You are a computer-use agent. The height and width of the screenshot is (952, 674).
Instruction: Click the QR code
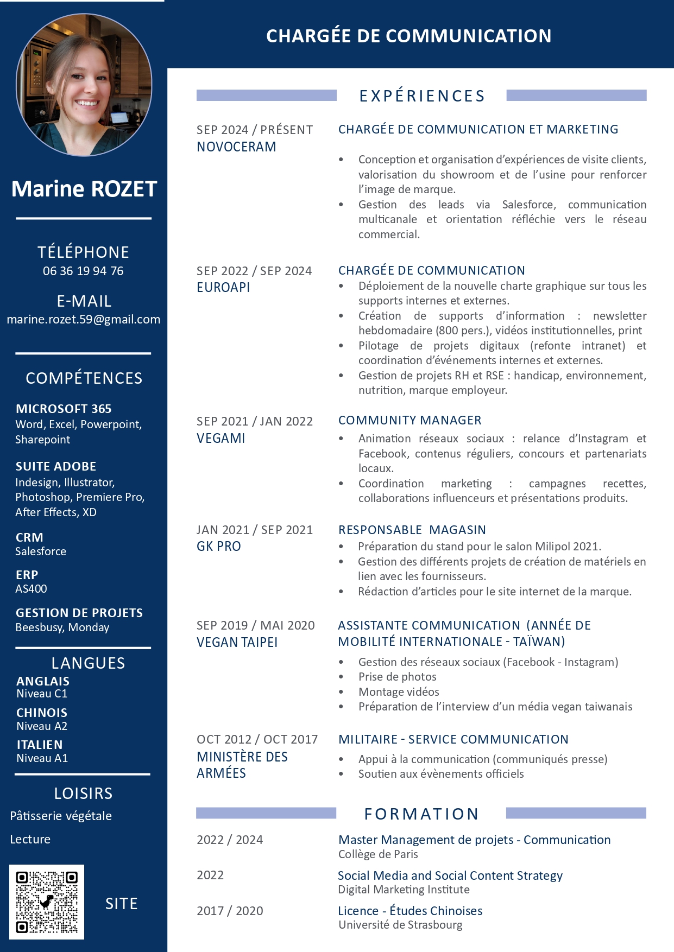47,902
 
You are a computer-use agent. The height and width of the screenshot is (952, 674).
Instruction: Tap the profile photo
84,85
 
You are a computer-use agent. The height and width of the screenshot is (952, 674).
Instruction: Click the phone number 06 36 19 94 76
83,271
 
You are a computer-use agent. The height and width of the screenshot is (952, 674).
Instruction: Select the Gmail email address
83,319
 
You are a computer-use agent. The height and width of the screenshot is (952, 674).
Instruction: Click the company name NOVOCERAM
236,147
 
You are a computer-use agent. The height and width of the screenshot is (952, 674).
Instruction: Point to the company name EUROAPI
223,287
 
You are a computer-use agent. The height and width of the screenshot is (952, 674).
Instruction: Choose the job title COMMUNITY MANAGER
410,420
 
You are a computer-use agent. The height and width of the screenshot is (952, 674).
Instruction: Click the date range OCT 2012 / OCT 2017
257,739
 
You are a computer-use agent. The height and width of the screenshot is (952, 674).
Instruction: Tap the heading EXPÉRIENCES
421,96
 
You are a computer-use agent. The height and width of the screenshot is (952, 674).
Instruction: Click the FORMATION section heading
421,814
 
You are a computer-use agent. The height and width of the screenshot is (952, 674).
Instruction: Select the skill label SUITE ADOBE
56,466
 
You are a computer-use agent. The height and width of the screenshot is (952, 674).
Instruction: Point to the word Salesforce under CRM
41,551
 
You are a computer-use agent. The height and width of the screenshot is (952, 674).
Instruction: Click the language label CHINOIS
42,713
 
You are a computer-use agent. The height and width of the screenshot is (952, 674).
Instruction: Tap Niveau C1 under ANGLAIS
42,694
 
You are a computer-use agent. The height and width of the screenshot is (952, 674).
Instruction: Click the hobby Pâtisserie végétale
61,816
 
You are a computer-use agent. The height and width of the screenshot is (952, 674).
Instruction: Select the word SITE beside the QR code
121,904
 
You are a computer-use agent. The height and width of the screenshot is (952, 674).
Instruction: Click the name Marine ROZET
84,189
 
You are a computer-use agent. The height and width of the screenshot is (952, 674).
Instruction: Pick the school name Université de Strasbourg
400,925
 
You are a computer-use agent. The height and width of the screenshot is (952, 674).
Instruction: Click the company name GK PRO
218,547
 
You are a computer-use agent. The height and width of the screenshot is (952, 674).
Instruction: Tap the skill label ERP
27,575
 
